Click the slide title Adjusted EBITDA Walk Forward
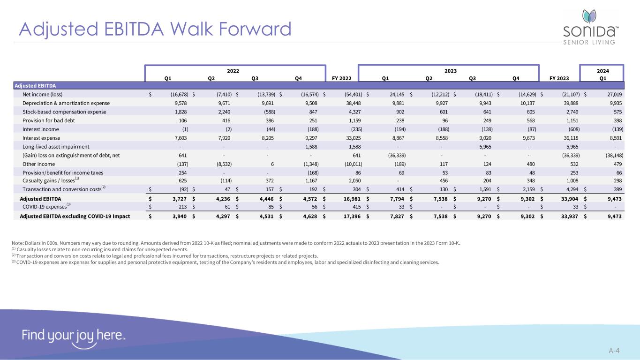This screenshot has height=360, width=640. click(155, 29)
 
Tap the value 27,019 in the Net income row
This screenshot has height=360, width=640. click(614, 94)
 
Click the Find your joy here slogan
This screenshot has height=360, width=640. click(73, 336)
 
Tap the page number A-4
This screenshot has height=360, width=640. click(614, 350)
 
